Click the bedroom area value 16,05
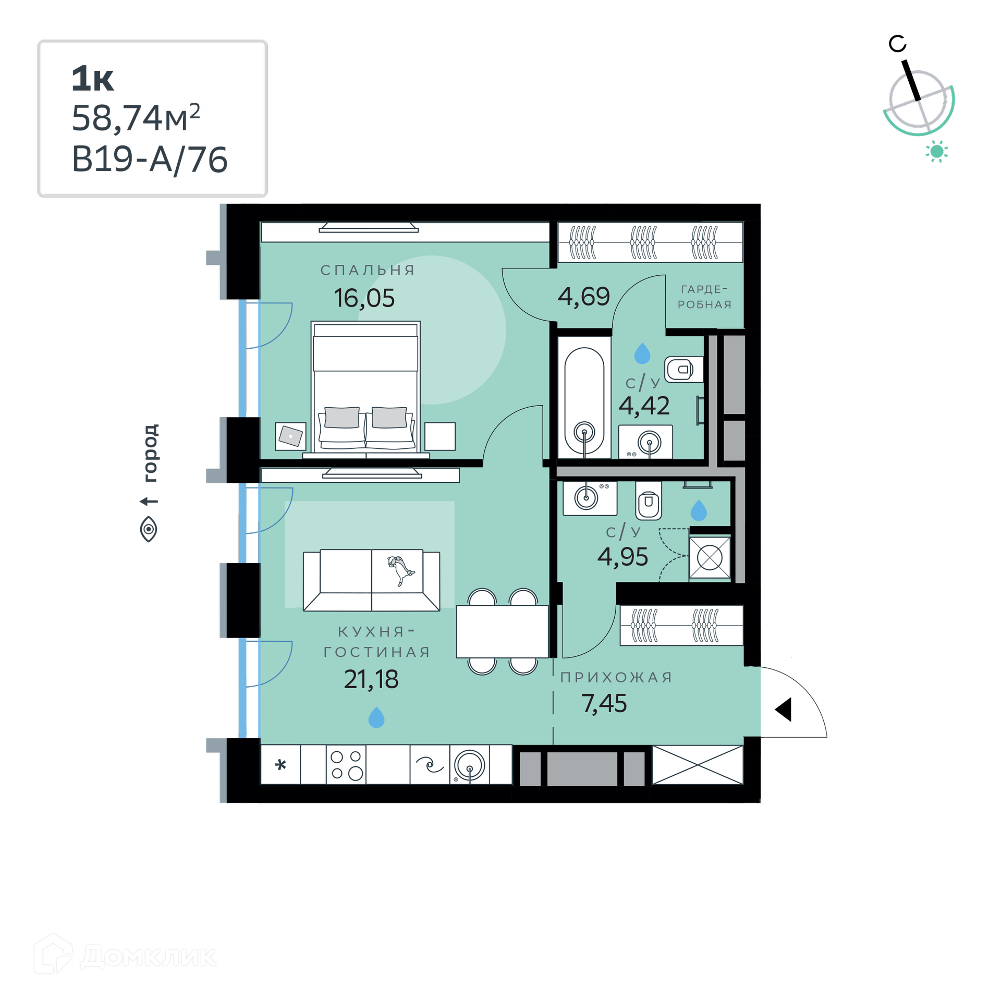click(x=364, y=298)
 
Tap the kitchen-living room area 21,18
click(x=371, y=679)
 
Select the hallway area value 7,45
click(x=604, y=703)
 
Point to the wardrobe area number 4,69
click(x=583, y=296)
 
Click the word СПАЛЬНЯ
click(x=368, y=270)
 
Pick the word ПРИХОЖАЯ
click(x=616, y=677)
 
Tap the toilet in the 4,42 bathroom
click(x=683, y=370)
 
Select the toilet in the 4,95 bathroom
click(x=649, y=500)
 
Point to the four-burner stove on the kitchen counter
click(x=346, y=765)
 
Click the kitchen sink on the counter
click(x=469, y=765)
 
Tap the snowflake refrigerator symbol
click(x=280, y=765)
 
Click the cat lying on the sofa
click(x=400, y=570)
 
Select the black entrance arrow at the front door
click(x=783, y=710)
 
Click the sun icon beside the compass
click(x=937, y=151)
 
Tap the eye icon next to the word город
click(x=149, y=529)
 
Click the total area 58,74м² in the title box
click(x=136, y=118)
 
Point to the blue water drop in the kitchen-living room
click(x=376, y=717)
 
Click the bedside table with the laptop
click(x=290, y=436)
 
